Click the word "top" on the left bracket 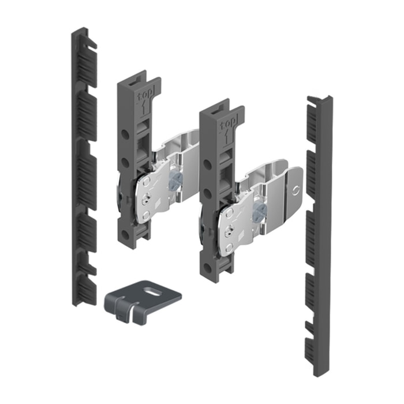click(x=145, y=96)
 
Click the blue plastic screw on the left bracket click(x=175, y=179)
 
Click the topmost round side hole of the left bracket click(x=125, y=134)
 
